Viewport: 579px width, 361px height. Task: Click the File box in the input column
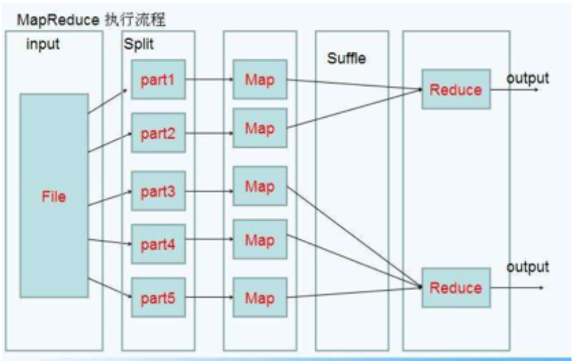54,196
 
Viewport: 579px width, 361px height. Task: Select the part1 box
158,80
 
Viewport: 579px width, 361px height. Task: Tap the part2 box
158,133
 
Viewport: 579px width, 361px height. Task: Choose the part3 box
158,191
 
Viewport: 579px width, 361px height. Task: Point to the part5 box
158,298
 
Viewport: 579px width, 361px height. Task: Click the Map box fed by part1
260,80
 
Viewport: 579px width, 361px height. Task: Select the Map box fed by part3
260,186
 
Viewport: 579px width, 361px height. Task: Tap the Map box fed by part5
260,298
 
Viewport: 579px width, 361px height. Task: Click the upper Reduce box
456,89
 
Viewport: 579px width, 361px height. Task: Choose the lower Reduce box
456,288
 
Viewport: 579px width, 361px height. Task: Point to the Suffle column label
346,59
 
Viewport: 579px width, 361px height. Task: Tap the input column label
43,45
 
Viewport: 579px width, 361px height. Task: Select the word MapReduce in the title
59,20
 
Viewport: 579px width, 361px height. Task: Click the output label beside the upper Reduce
527,78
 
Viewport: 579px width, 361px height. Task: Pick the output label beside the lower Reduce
527,266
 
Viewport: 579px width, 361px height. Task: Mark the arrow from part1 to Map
208,79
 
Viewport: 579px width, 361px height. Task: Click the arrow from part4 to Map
208,240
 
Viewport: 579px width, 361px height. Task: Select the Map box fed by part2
260,127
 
